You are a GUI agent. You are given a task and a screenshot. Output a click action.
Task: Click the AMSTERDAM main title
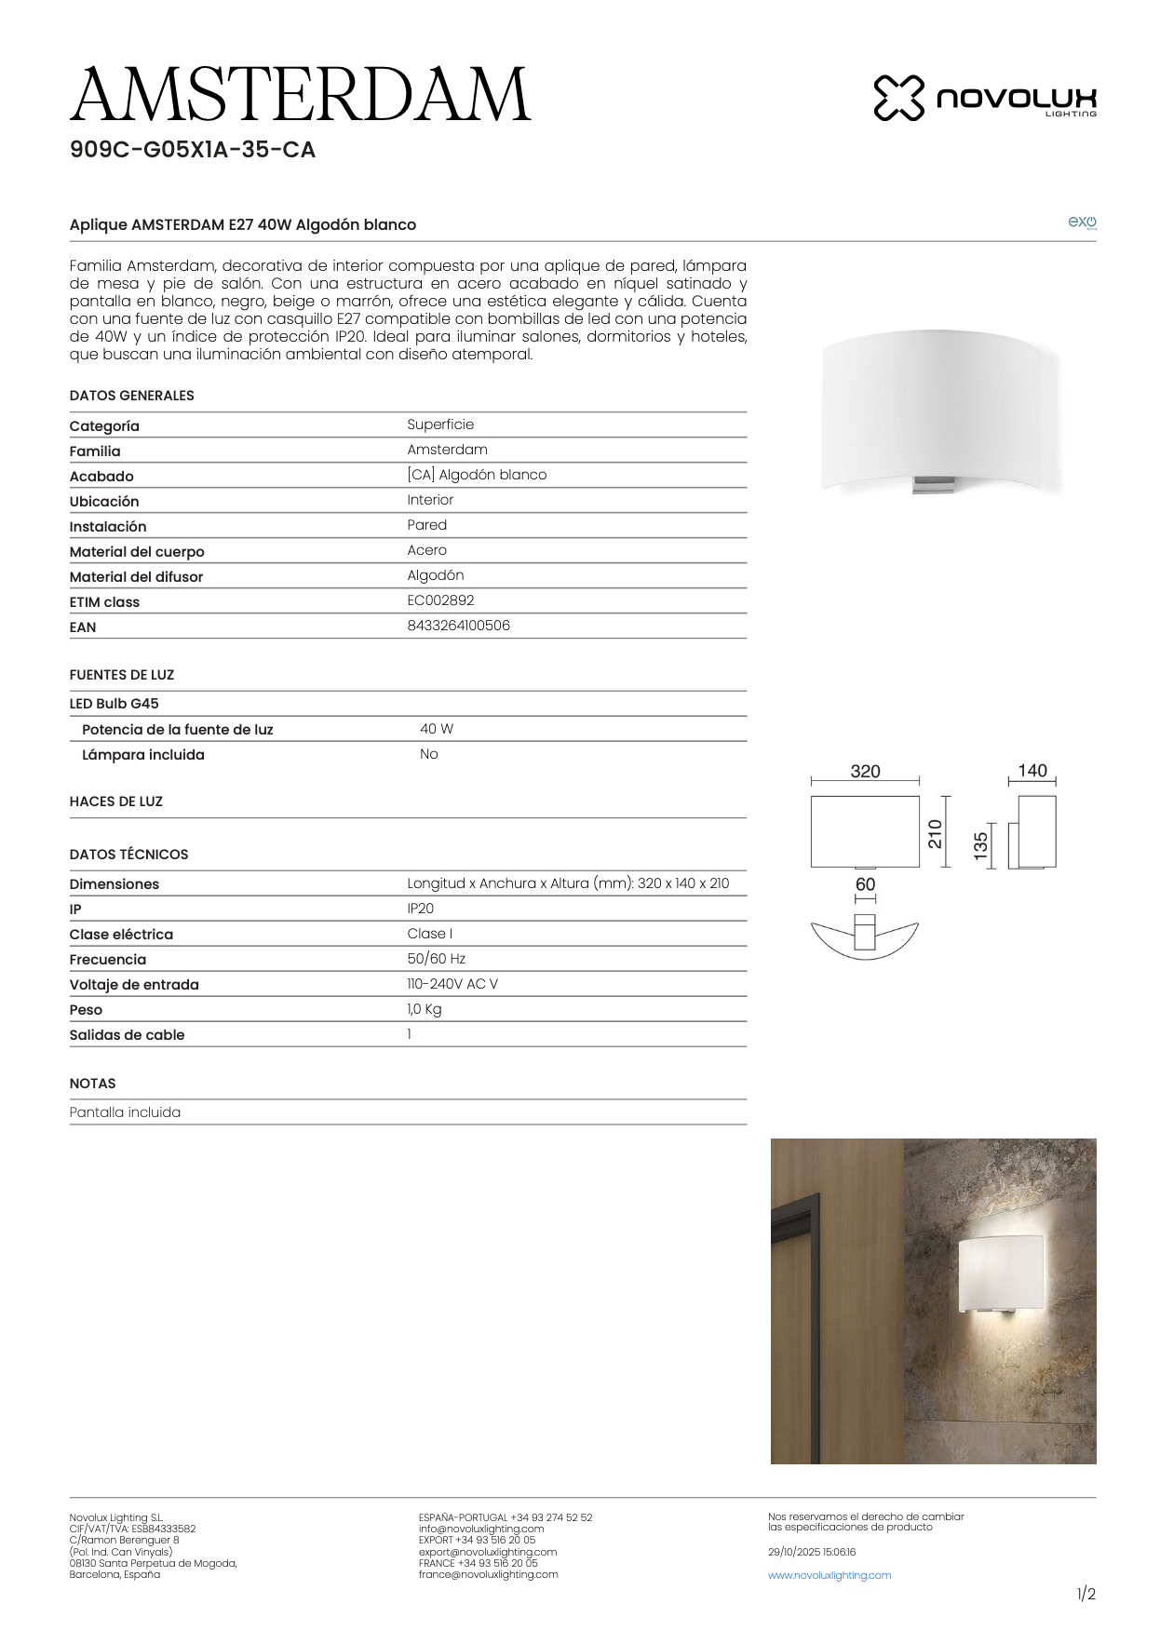[300, 95]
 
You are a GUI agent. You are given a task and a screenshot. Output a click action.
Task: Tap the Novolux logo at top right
[984, 98]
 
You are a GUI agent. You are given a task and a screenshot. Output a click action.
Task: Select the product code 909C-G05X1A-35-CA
[193, 150]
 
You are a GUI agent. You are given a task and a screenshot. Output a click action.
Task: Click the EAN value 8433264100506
[458, 626]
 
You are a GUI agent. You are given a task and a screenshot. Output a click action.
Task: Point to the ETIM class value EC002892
[440, 600]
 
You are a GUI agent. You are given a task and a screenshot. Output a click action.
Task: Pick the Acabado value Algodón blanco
[477, 475]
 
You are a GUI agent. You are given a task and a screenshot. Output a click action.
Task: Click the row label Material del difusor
[136, 577]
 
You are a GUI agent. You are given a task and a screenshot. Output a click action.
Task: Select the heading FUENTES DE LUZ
[122, 675]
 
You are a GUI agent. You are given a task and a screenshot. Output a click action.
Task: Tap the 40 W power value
[437, 729]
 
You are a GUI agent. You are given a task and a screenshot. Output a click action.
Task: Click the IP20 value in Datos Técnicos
[420, 909]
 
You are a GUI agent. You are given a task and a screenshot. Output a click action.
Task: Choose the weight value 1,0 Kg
[425, 1009]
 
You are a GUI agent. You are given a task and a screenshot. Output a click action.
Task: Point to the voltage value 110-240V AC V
[452, 984]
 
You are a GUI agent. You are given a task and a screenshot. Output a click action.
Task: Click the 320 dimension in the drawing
[865, 772]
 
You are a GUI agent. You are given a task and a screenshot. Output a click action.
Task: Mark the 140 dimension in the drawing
[1032, 771]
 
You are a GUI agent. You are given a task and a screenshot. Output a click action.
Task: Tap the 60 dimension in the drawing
[865, 884]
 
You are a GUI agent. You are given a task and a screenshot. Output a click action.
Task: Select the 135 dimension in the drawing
[981, 846]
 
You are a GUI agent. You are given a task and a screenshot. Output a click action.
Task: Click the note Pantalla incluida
[125, 1112]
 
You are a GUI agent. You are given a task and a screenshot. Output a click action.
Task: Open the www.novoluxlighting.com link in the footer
[830, 1575]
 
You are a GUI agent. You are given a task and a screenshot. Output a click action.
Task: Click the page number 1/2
[1086, 1595]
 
